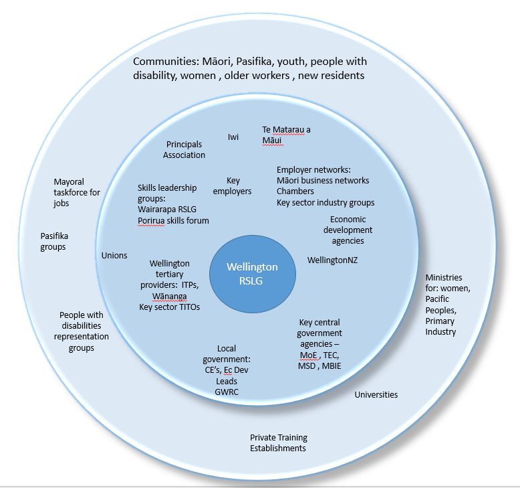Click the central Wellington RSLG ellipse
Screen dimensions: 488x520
tap(252, 274)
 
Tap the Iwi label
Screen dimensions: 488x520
tap(233, 137)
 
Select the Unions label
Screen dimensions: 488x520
tap(114, 255)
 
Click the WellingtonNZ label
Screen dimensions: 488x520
tap(332, 260)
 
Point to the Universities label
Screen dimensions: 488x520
tap(376, 394)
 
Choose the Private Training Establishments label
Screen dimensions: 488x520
tap(278, 442)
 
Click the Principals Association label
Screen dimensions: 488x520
tap(184, 150)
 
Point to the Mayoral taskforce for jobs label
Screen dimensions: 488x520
tap(77, 193)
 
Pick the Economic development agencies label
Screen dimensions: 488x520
tap(348, 230)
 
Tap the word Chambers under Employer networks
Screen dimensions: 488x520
tap(295, 191)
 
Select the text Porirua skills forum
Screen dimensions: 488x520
tap(173, 220)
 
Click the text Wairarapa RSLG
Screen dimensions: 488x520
tap(168, 210)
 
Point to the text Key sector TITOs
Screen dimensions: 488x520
tap(169, 307)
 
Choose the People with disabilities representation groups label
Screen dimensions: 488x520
tap(82, 331)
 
